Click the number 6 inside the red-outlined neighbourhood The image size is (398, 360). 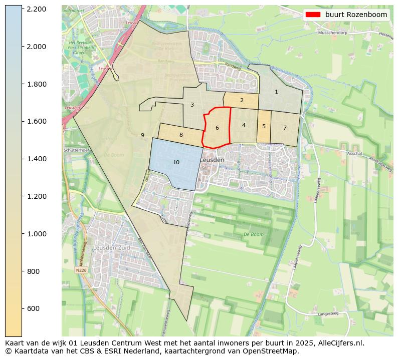pyautogui.click(x=217, y=128)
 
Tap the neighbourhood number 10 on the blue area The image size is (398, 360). pyautogui.click(x=176, y=162)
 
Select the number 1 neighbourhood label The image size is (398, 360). pyautogui.click(x=276, y=92)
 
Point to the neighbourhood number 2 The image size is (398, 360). pyautogui.click(x=242, y=100)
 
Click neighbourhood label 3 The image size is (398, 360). pyautogui.click(x=192, y=105)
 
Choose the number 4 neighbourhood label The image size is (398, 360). pyautogui.click(x=244, y=125)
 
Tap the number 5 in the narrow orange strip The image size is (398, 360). pyautogui.click(x=264, y=126)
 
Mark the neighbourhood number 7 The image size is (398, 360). pyautogui.click(x=285, y=128)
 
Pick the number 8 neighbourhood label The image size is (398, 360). pyautogui.click(x=181, y=135)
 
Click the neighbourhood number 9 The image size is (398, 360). pyautogui.click(x=142, y=135)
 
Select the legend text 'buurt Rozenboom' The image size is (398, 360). pyautogui.click(x=356, y=15)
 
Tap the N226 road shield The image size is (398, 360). pyautogui.click(x=81, y=270)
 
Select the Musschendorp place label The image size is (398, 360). pyautogui.click(x=332, y=33)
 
